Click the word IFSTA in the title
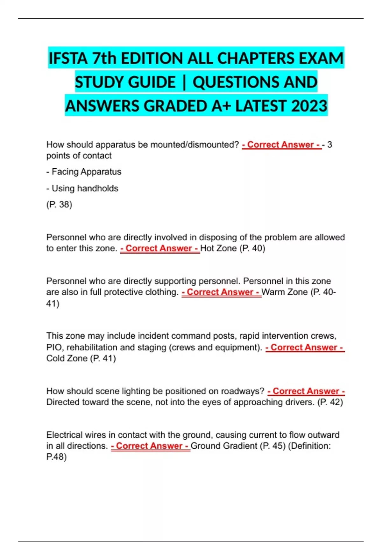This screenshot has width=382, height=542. (x=68, y=58)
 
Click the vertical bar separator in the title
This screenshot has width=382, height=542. (x=184, y=82)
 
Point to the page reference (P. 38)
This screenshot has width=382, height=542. (x=59, y=204)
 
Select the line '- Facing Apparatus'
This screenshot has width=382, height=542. (x=84, y=172)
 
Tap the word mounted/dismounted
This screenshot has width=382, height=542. (x=194, y=144)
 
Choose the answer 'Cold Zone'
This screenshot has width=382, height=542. (x=67, y=358)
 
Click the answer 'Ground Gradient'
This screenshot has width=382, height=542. (x=224, y=446)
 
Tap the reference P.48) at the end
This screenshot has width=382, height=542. (x=56, y=457)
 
